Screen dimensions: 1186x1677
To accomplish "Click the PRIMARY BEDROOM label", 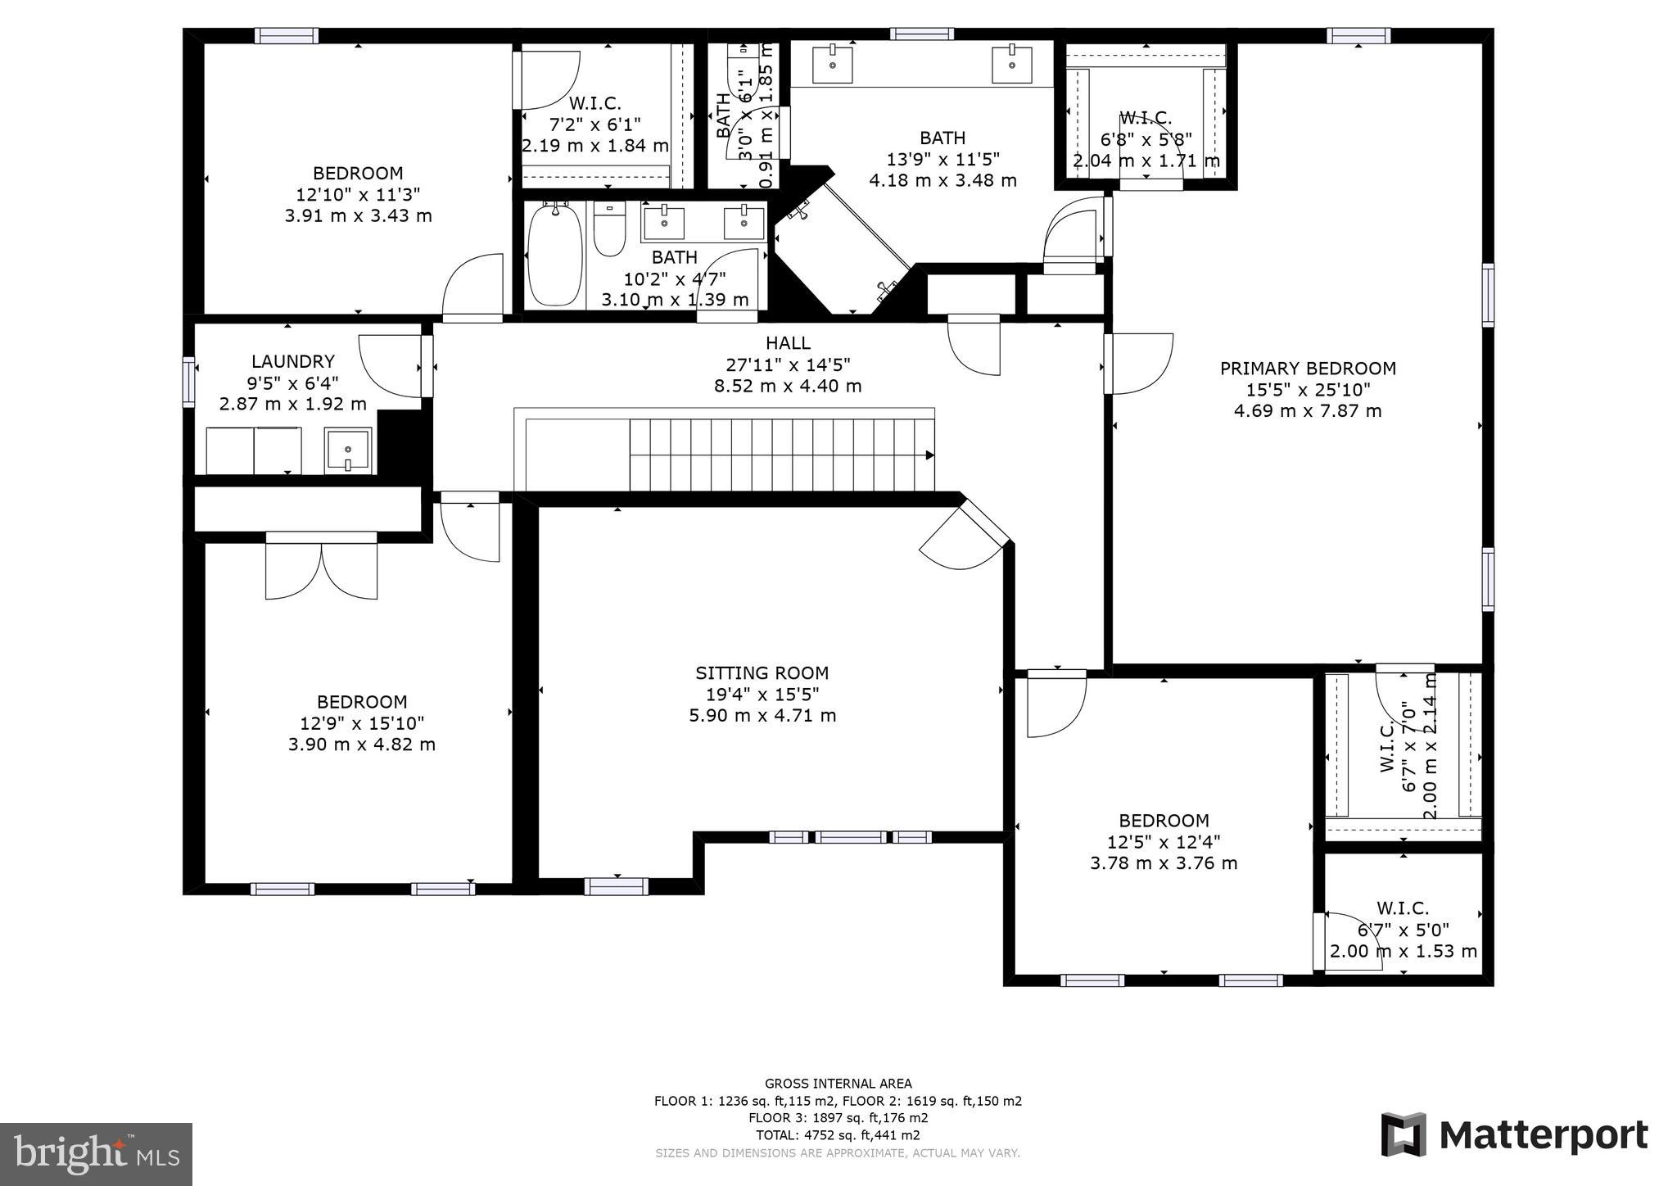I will [1308, 369].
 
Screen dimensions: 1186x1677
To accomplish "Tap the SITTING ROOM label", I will [762, 673].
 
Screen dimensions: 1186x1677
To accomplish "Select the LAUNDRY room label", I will [292, 361].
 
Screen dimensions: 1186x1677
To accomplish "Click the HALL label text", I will [788, 343].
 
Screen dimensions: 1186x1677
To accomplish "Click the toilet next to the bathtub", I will [609, 229].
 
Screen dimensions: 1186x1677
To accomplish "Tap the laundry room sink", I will [348, 450].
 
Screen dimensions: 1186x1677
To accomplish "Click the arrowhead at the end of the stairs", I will [929, 455].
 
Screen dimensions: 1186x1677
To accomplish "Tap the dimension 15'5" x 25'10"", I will [1308, 390].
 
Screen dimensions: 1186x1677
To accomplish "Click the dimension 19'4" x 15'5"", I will [762, 695].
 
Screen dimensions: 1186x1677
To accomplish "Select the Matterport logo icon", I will [1404, 1134].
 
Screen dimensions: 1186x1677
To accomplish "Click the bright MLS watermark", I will [96, 1154].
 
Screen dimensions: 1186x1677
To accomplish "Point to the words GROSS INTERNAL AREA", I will [838, 1084].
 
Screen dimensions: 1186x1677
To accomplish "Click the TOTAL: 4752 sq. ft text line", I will [838, 1135].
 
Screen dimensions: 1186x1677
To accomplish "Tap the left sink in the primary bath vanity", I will [833, 64].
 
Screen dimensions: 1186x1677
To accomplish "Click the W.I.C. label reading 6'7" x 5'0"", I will [1403, 930].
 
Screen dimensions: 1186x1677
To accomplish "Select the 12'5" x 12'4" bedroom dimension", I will [1164, 842].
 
